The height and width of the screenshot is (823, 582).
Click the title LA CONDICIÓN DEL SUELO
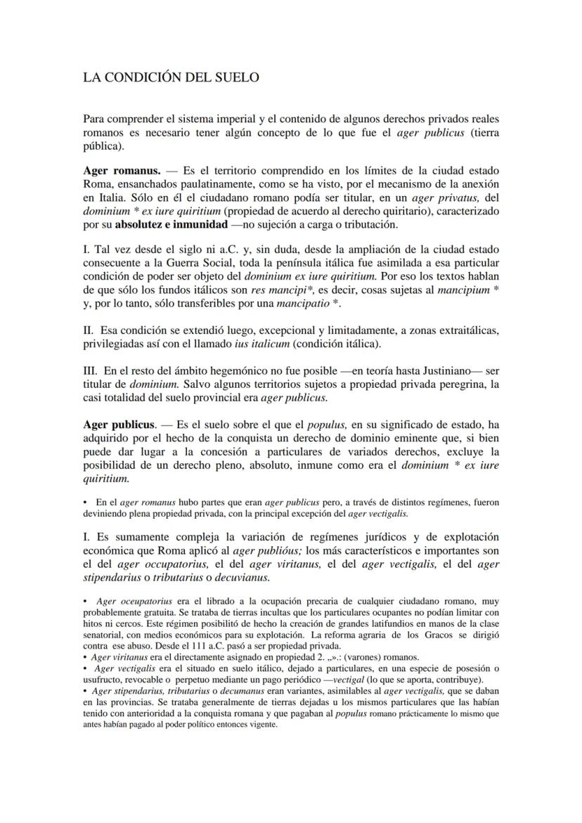(171, 77)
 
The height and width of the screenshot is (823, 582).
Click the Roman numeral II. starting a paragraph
(88, 330)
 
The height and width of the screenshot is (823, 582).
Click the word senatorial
(104, 636)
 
